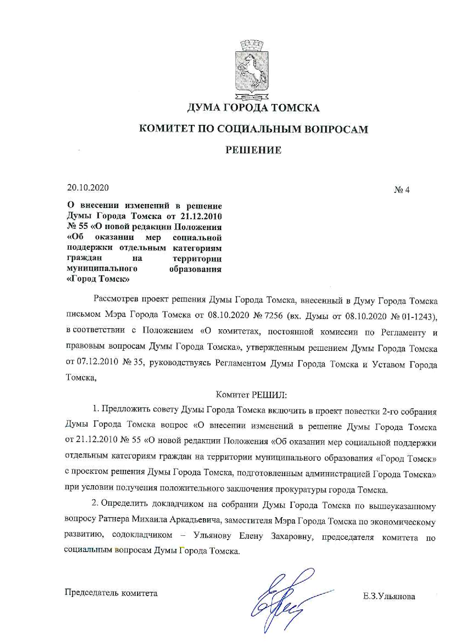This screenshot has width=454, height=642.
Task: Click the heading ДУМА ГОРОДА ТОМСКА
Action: (x=253, y=108)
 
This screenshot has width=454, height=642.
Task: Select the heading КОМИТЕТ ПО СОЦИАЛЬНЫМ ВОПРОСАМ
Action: (x=253, y=129)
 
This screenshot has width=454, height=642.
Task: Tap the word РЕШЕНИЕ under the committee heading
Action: (x=253, y=150)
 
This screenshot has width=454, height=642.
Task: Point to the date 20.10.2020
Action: (x=88, y=188)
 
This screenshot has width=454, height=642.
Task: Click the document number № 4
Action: (x=402, y=190)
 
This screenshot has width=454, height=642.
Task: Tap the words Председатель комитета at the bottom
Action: (x=111, y=593)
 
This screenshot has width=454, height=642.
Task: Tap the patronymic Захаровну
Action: (x=292, y=536)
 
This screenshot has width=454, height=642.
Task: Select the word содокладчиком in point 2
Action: (x=142, y=535)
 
